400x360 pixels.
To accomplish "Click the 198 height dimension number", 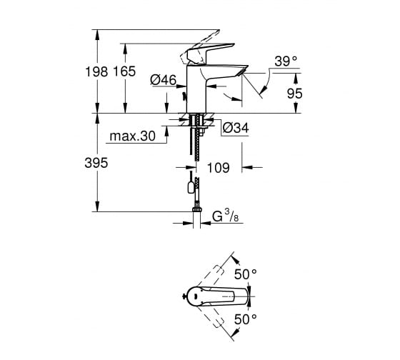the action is [x=96, y=71].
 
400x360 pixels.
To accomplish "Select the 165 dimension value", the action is [x=124, y=71].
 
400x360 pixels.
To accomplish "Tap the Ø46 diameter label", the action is [x=164, y=80].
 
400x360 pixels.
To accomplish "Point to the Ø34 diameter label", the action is [x=236, y=128].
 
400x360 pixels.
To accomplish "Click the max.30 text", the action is [x=132, y=136].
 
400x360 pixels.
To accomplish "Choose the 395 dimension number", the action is [x=96, y=163].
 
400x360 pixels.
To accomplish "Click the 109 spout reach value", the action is [x=219, y=168].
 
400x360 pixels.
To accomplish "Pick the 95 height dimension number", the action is [x=295, y=94].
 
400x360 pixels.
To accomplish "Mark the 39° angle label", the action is [x=286, y=61].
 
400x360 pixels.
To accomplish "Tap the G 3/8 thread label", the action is [x=225, y=216].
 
